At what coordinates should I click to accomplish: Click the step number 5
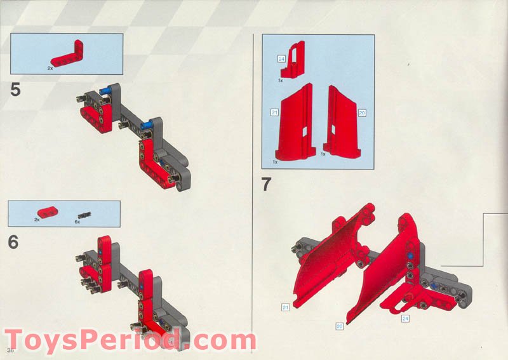point(15,90)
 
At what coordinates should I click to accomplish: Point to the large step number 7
point(267,186)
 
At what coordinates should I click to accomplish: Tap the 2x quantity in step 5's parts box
point(50,67)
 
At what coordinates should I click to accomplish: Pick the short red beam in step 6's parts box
point(48,212)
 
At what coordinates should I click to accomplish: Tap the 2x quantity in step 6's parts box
point(37,220)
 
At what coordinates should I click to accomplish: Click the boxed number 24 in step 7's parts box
point(281,58)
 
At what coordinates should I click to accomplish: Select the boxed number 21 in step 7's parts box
point(274,112)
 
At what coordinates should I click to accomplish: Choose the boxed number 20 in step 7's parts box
point(362,112)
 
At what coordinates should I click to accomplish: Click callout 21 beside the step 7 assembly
point(286,307)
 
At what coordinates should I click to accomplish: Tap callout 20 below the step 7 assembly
point(340,326)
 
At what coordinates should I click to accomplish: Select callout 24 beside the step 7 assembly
point(404,318)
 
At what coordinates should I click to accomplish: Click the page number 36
point(10,350)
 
